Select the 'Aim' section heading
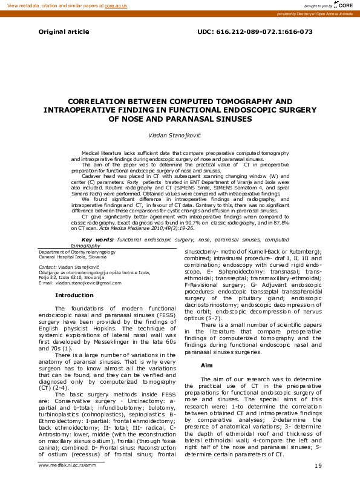tap(206, 366)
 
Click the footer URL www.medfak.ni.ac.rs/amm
tap(66, 465)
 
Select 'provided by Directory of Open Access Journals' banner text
tap(315, 13)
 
